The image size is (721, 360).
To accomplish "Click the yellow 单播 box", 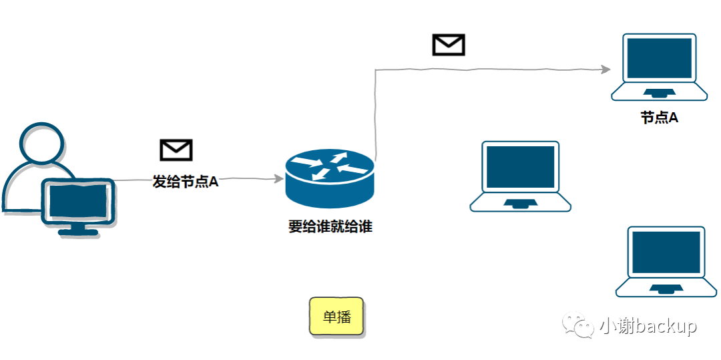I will pos(336,316).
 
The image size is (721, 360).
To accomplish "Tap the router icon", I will pos(330,176).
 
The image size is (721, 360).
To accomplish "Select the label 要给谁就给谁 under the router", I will pos(330,227).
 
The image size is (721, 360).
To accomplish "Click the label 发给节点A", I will pos(186,182).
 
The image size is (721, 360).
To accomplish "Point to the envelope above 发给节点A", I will pos(176,150).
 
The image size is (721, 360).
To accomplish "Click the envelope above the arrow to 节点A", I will pos(449,45).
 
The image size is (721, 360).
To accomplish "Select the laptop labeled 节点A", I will pos(659,67).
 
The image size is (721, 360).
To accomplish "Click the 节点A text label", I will pos(659,118).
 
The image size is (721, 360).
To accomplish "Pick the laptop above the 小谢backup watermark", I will pos(666,261).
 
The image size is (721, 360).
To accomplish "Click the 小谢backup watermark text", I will pos(648,326).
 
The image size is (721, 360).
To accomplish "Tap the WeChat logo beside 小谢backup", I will pos(577,326).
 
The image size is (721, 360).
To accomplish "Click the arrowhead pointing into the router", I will pos(278,178).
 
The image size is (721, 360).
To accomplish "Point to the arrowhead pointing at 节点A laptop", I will pos(606,69).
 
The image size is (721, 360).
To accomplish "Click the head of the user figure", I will pos(42,143).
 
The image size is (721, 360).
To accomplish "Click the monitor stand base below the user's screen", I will pos(78,232).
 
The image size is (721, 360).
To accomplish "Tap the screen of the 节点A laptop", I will pos(659,58).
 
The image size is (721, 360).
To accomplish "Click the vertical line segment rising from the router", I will pos(377,114).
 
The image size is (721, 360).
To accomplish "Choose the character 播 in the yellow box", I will pos(344,317).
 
